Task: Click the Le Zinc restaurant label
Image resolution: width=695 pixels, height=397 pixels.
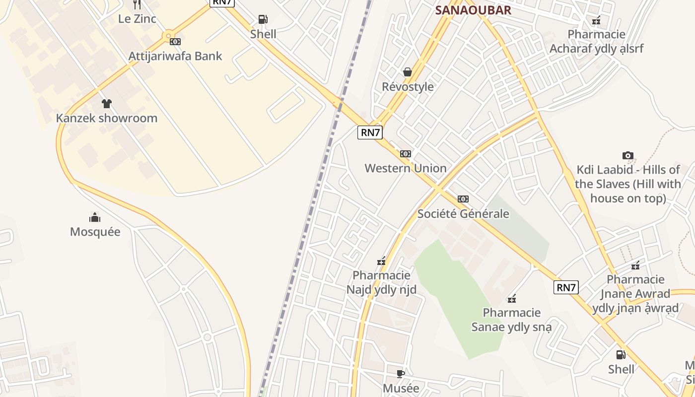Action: click(x=137, y=19)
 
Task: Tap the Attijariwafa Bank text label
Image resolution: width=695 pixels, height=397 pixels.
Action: click(x=175, y=56)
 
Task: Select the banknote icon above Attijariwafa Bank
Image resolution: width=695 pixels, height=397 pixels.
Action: click(x=175, y=42)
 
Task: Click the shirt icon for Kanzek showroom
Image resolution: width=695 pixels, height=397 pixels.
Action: click(x=107, y=104)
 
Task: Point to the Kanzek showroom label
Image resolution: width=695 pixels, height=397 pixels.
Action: click(x=107, y=118)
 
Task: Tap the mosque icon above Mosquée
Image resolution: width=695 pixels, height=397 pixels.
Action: click(x=95, y=217)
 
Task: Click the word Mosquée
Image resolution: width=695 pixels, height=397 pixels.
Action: click(x=95, y=232)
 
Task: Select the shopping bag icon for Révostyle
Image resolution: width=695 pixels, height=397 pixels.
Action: click(x=408, y=72)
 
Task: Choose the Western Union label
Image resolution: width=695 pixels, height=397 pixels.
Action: click(x=406, y=168)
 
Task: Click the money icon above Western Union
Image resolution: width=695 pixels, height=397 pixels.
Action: click(x=406, y=154)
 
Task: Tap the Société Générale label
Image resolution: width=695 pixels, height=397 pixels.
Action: click(x=463, y=213)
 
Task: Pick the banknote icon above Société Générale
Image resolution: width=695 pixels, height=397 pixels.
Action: click(x=463, y=199)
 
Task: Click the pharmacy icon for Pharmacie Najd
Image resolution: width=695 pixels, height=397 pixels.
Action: click(x=381, y=261)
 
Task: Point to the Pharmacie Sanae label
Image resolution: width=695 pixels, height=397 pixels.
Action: click(x=511, y=320)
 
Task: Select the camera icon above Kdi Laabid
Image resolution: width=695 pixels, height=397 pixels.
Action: click(x=628, y=155)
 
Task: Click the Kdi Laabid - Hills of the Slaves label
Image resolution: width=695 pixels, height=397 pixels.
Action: click(x=628, y=184)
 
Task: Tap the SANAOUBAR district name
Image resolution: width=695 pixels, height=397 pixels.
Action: click(x=473, y=10)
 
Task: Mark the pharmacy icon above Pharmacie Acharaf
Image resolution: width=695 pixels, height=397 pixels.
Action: click(x=596, y=20)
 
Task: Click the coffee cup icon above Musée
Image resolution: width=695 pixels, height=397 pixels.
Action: click(x=401, y=374)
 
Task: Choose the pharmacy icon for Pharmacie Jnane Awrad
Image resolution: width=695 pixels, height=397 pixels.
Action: click(x=635, y=265)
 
